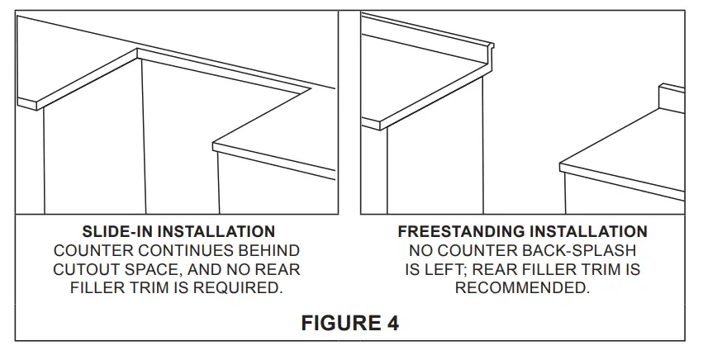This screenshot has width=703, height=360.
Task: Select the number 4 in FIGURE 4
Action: point(392,323)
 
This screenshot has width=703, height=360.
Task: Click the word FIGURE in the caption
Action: point(340,323)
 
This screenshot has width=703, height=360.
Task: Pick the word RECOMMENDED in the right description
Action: point(522,288)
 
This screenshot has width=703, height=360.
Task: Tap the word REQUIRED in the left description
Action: point(237,288)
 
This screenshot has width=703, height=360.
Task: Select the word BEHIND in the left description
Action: point(272,251)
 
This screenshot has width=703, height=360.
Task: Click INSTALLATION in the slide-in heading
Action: point(216,232)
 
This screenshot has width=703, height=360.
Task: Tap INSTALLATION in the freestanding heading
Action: point(589,232)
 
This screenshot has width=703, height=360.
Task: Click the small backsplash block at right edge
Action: point(672,97)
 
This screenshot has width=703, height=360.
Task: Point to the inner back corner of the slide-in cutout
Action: point(137,49)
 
